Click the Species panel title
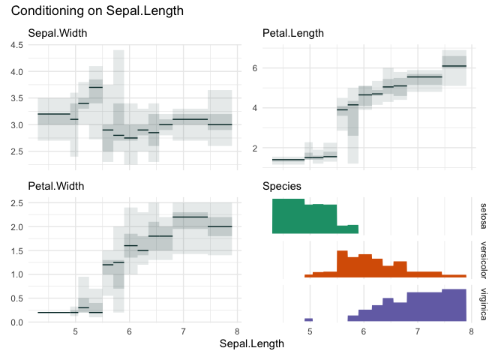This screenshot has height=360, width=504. click(282, 185)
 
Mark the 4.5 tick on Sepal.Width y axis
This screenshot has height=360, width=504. click(15, 45)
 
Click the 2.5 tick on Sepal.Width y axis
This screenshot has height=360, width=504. click(15, 151)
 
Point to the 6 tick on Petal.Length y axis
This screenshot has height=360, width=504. click(254, 67)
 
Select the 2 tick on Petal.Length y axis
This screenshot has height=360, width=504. click(254, 148)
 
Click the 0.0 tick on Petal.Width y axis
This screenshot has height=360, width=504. click(15, 322)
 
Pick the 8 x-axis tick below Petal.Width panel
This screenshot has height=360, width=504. click(238, 331)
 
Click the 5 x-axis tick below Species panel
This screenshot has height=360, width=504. click(310, 331)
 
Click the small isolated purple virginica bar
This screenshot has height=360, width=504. click(307, 319)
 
